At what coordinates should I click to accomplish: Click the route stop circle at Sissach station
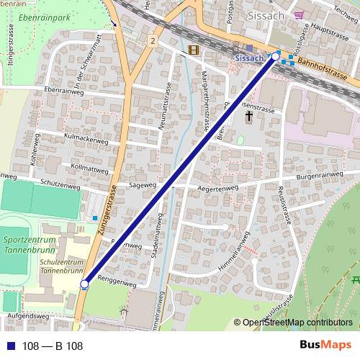coord(275,55)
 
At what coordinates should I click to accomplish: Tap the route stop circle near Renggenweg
coord(84,284)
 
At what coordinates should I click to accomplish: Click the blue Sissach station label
coord(249,57)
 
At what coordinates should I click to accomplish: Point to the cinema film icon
coord(193,50)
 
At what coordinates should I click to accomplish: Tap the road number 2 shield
coord(153,42)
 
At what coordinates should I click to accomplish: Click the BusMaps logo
coord(326,346)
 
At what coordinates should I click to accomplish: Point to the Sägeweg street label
coord(143,185)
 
